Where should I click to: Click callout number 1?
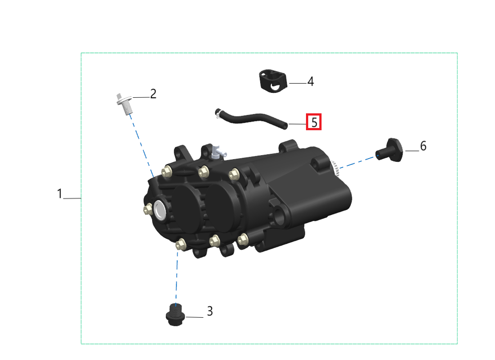coord(60,193)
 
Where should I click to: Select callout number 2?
coord(153,94)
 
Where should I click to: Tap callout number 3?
coord(210,311)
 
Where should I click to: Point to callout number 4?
coord(310,81)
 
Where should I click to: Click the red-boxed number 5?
coord(314,122)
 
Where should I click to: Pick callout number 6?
coord(423,146)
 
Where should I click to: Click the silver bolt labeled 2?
coord(125,104)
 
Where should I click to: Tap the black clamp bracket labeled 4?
coord(274,81)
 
